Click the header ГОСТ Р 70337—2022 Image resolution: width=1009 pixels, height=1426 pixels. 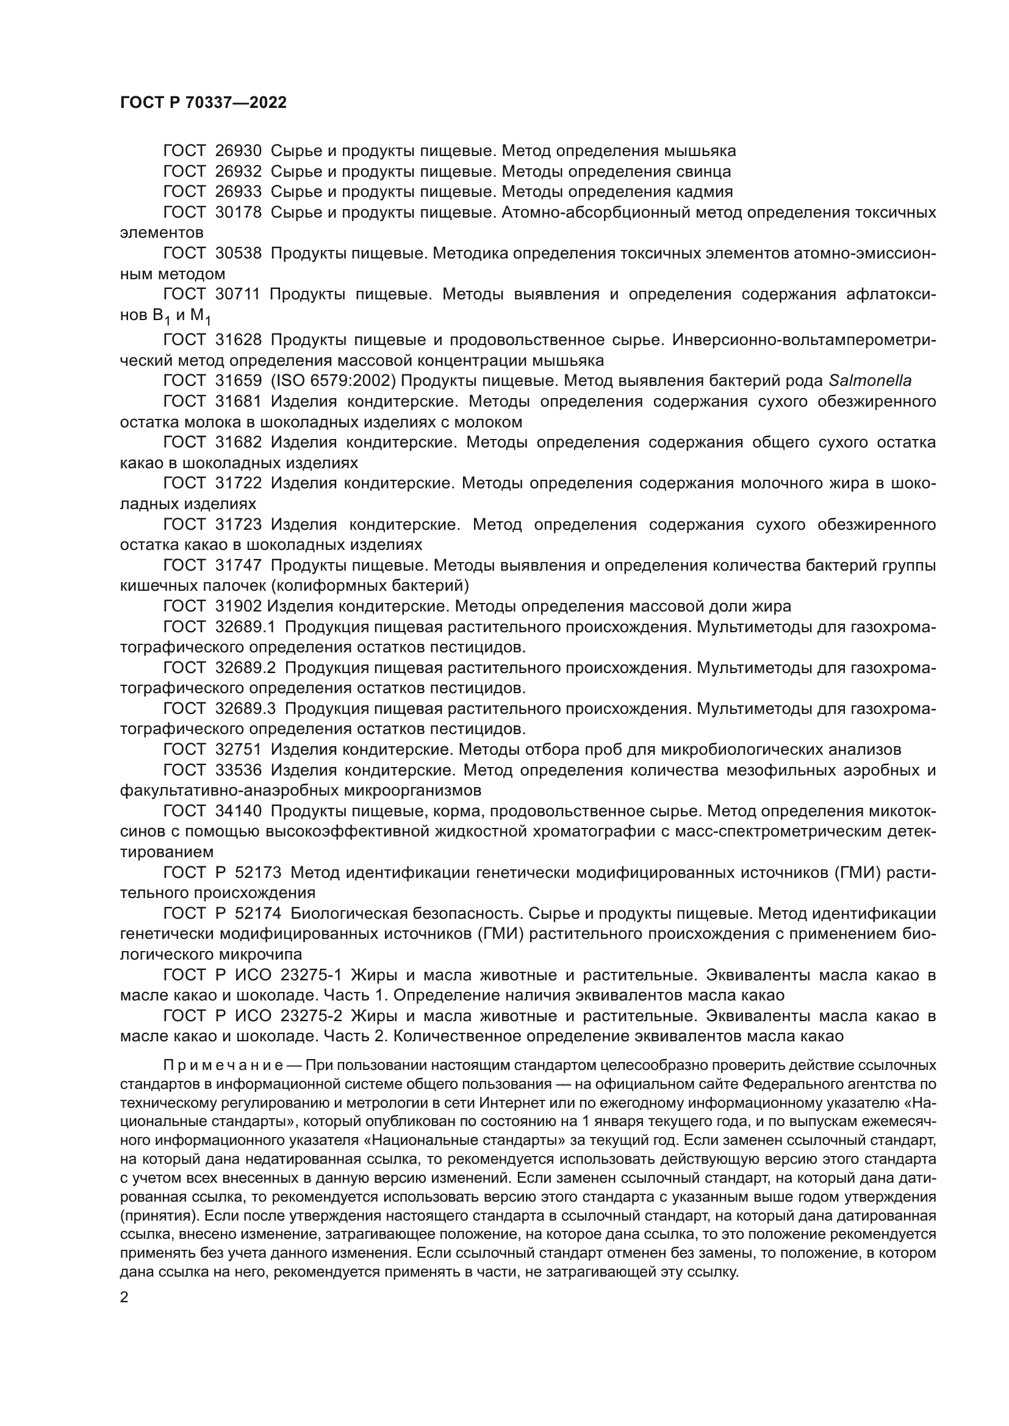(x=203, y=103)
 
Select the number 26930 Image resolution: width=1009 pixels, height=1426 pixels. (x=239, y=151)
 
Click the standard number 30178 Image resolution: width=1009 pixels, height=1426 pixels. (x=239, y=213)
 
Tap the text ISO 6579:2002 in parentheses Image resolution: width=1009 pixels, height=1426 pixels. (x=334, y=381)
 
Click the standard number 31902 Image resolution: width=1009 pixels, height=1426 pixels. (x=239, y=606)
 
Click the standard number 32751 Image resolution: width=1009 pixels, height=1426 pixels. (x=239, y=750)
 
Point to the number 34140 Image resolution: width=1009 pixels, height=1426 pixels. (x=239, y=811)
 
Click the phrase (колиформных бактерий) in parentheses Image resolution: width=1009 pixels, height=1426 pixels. (x=372, y=586)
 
